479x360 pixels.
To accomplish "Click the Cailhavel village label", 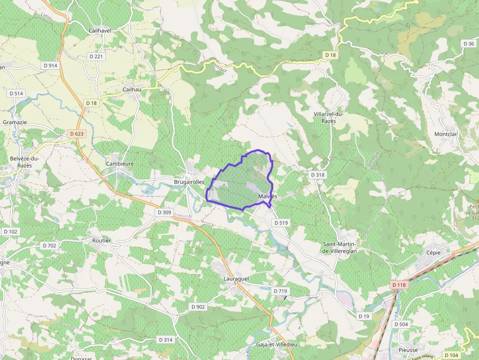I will [x=100, y=30].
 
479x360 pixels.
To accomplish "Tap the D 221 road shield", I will [x=97, y=57].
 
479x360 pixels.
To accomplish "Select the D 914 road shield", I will [x=50, y=65].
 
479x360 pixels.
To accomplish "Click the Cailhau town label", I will [x=132, y=90].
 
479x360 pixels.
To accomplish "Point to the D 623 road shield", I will [x=77, y=133].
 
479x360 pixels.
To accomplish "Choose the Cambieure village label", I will [x=120, y=164].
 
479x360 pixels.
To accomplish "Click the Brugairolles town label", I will [x=189, y=182].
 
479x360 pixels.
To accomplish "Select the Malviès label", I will [x=267, y=196].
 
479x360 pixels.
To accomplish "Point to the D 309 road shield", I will [x=165, y=212].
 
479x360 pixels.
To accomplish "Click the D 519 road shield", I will [x=281, y=223].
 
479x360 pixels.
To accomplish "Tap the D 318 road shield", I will [x=317, y=174].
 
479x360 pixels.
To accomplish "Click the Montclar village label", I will [x=445, y=134].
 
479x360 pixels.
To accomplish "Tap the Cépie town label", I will [x=433, y=253].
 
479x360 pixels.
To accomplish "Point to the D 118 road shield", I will [x=399, y=284].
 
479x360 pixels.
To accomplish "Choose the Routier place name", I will [x=102, y=240].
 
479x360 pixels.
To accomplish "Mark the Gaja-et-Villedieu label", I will [x=277, y=344].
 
